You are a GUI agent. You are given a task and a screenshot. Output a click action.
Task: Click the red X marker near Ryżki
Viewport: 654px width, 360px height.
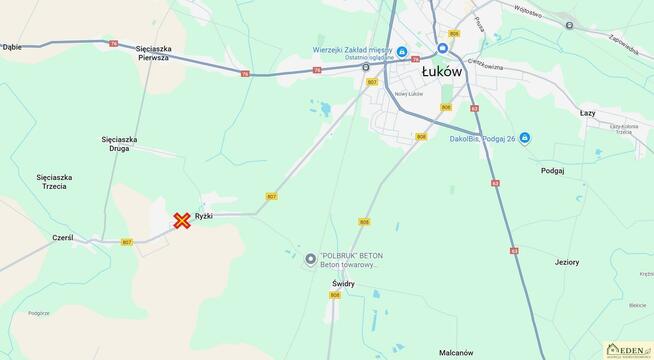[182, 220]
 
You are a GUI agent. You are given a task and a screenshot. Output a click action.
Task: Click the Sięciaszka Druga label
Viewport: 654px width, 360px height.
[120, 144]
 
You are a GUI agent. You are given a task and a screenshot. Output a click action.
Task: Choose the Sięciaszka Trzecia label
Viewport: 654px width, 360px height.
[54, 181]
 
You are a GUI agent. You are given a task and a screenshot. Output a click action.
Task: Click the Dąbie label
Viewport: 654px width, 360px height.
[12, 46]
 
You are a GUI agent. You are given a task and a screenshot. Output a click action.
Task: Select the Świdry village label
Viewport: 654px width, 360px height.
[343, 283]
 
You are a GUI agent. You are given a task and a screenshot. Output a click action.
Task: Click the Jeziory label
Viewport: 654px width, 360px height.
[567, 262]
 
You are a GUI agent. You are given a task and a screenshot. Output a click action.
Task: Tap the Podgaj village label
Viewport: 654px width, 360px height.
[552, 171]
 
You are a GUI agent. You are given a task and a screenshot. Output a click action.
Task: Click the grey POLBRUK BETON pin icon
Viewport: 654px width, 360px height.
[310, 259]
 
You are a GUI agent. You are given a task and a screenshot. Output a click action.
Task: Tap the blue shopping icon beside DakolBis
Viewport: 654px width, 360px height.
[525, 138]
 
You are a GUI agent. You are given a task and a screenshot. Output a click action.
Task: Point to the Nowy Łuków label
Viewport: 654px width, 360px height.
[381, 93]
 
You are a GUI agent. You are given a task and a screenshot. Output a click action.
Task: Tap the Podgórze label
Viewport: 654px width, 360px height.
[39, 313]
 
